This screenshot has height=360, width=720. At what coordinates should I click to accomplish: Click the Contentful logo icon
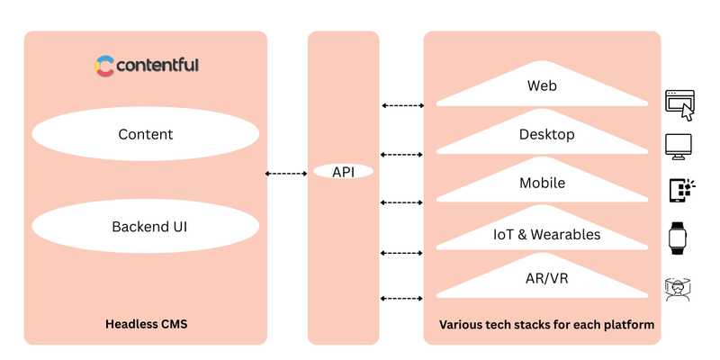(x=105, y=66)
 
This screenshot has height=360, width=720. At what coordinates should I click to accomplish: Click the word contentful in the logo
(x=158, y=66)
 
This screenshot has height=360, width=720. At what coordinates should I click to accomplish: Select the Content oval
(x=146, y=135)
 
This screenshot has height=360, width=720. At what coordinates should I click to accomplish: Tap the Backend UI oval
(x=146, y=226)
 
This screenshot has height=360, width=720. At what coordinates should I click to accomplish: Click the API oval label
(x=343, y=171)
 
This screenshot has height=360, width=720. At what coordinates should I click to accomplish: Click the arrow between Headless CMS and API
(x=287, y=173)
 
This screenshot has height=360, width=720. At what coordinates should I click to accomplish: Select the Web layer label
(x=542, y=87)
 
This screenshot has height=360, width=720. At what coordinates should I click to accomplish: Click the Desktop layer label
(x=546, y=135)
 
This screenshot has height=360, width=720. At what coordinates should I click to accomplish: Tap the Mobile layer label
(x=542, y=183)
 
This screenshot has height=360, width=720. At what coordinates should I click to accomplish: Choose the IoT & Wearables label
(x=546, y=235)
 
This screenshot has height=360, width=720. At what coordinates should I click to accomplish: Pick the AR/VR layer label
(x=546, y=279)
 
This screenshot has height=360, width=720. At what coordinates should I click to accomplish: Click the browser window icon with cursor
(x=679, y=104)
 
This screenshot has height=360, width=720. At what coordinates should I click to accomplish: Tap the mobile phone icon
(x=680, y=190)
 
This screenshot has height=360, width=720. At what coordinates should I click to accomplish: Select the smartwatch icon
(x=679, y=238)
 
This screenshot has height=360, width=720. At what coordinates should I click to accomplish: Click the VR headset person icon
(x=679, y=288)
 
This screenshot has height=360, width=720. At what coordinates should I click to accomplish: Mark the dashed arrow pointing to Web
(x=402, y=105)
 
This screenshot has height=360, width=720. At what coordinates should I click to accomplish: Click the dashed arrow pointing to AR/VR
(x=402, y=297)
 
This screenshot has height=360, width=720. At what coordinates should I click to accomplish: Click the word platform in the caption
(x=628, y=324)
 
